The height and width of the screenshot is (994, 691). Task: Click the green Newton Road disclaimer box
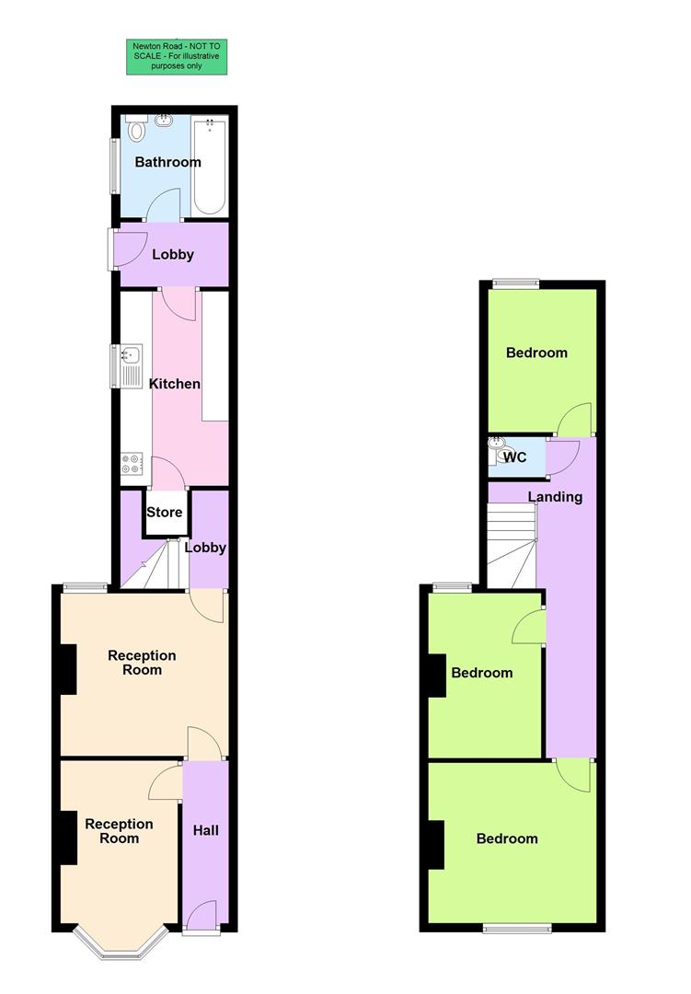coord(177,56)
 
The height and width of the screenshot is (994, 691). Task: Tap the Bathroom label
coord(167,162)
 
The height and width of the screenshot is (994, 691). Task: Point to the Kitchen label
coord(175,383)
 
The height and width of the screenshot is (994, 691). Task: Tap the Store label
coord(165,513)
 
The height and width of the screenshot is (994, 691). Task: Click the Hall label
coord(206,830)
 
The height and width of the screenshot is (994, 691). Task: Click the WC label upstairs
coord(515,457)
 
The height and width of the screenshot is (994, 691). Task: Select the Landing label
coord(555,497)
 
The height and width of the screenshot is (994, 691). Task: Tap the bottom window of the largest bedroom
coord(517,929)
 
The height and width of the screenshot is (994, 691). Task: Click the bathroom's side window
coord(115,166)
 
